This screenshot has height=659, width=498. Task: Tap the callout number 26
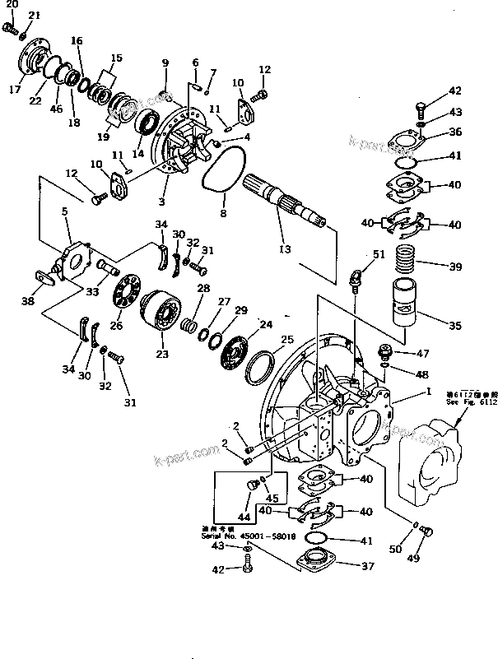click(116, 326)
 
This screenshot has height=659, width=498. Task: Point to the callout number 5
click(64, 211)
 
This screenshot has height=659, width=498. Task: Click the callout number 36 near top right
click(455, 132)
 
